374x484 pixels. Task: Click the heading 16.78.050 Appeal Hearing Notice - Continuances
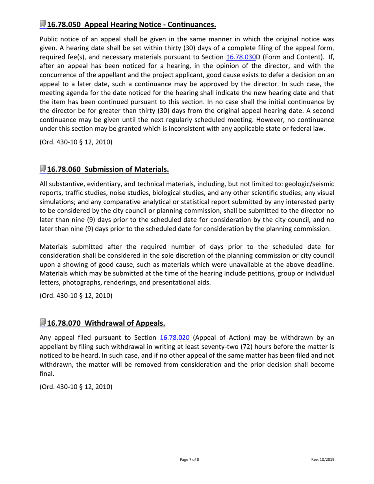131,25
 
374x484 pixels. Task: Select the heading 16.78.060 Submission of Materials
108,170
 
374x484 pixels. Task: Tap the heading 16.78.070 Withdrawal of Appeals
106,323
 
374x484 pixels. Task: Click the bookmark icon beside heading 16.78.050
43,24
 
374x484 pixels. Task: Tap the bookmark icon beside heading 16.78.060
43,169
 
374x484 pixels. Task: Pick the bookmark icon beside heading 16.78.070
43,323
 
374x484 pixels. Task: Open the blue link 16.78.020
175,338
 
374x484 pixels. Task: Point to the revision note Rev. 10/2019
323,460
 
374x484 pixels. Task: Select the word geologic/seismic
309,184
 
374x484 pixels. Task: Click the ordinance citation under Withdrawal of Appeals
76,387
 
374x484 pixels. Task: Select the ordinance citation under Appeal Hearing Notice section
76,142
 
